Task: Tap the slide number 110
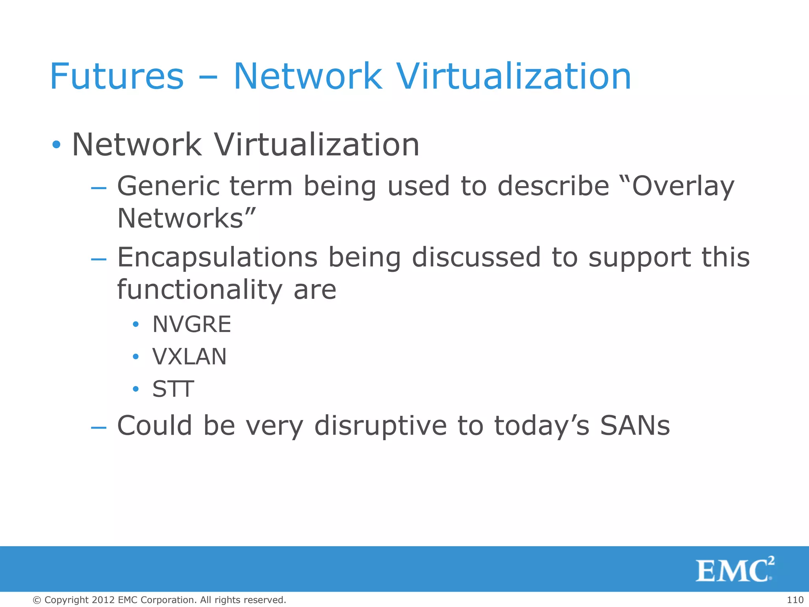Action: click(x=795, y=600)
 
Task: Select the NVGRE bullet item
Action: click(x=192, y=324)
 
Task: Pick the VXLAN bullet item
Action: click(x=190, y=357)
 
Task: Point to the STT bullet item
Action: click(x=173, y=389)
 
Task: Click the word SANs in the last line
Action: click(x=635, y=426)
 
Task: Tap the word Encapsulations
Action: click(x=217, y=257)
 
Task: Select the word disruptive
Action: click(x=380, y=426)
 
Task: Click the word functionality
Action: click(x=200, y=290)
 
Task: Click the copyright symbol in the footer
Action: click(x=37, y=600)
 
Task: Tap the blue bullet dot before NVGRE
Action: click(x=136, y=325)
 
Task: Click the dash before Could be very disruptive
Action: click(x=98, y=427)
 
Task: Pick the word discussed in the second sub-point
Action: click(x=476, y=257)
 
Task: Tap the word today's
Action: click(x=542, y=426)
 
